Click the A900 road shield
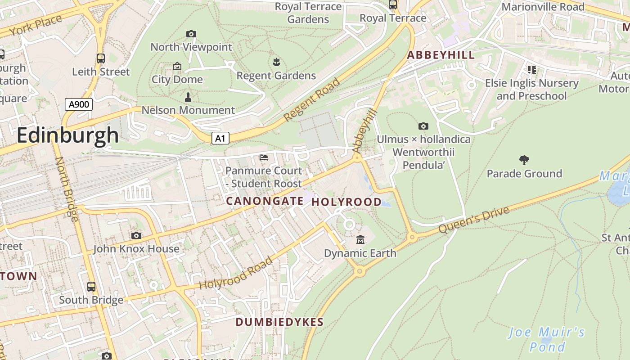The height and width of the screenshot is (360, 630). tap(79, 104)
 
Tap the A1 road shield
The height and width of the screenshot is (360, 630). tap(220, 138)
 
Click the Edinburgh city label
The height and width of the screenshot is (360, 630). tap(67, 135)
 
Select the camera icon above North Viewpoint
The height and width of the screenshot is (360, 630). tap(191, 34)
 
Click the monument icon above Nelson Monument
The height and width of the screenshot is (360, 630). tap(188, 97)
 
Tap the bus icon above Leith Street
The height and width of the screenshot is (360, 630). tap(101, 58)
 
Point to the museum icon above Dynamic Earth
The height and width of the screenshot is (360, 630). tap(360, 239)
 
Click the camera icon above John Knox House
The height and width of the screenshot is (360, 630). tap(136, 235)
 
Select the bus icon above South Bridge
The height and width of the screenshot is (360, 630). tap(91, 287)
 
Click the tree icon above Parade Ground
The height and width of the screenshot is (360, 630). tap(524, 160)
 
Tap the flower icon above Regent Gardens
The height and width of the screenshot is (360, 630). tap(276, 62)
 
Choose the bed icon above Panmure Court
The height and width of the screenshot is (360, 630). tap(264, 157)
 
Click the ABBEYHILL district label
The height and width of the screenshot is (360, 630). tap(441, 55)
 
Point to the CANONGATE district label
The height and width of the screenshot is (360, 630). tap(265, 201)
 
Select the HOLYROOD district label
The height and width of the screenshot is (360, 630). tap(346, 202)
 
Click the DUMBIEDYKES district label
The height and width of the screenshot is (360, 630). tap(279, 322)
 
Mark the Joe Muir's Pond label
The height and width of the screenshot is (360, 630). tap(546, 340)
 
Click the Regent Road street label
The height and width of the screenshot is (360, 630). tap(312, 100)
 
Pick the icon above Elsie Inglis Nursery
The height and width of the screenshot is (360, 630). tap(531, 69)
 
